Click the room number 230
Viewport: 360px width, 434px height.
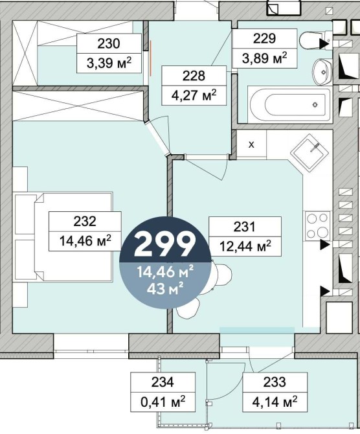(109, 43)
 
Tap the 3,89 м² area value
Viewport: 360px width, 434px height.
(265, 58)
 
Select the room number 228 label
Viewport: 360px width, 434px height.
(194, 76)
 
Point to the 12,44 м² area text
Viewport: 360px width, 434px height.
(245, 246)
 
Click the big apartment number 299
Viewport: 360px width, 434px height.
(165, 244)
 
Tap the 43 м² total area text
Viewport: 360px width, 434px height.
(165, 290)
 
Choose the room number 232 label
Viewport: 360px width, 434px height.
(85, 222)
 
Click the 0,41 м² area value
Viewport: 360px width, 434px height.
(163, 402)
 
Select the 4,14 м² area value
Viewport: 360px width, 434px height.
(275, 402)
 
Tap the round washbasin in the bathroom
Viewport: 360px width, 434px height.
(322, 73)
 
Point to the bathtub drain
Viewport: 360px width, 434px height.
(315, 105)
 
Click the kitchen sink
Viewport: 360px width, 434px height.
(309, 152)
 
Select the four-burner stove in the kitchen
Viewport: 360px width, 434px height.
(318, 226)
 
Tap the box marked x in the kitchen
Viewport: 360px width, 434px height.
(251, 144)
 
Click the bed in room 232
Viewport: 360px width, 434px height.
(73, 236)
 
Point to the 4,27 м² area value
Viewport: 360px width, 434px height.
(194, 95)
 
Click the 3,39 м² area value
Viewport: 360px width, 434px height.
(109, 63)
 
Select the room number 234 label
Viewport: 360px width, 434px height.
(163, 382)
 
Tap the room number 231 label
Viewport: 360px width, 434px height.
(245, 227)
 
